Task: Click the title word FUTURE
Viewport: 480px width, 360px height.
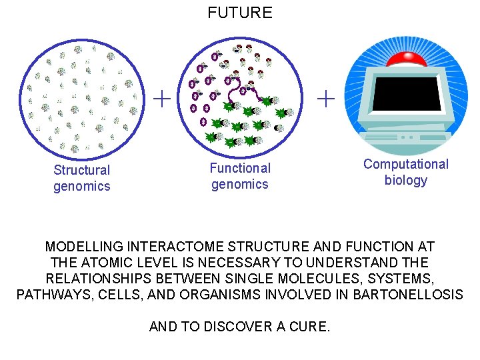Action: (x=240, y=13)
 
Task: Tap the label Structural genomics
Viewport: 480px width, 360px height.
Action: (x=82, y=178)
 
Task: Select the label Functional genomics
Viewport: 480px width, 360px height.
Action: (x=240, y=176)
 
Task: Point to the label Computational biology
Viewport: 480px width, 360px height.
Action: (x=406, y=172)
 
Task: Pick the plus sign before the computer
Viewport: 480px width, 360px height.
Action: (x=326, y=99)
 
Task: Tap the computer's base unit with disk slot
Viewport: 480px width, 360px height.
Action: (x=405, y=138)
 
